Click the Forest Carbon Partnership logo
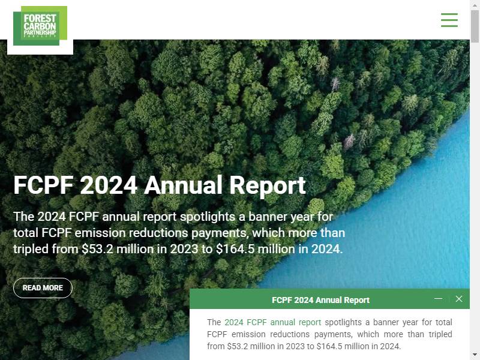point(40,26)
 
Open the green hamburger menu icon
point(449,20)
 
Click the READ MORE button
point(43,288)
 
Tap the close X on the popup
point(459,299)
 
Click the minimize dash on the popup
point(439,298)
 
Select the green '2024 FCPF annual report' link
point(273,322)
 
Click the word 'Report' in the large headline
point(268,185)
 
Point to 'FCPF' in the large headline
point(43,185)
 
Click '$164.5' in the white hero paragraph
point(235,249)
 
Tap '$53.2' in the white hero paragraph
point(97,249)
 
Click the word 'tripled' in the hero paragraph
point(31,249)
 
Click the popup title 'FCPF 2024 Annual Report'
point(320,300)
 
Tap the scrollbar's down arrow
point(475,355)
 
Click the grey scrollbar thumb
point(475,26)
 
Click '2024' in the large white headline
point(109,185)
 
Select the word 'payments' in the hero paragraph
point(219,233)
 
